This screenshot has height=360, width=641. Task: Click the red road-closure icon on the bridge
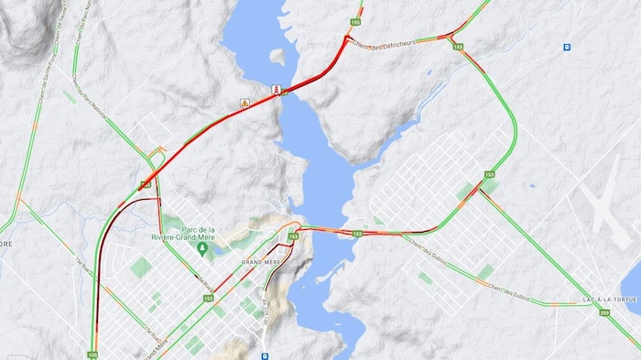pos(276,89)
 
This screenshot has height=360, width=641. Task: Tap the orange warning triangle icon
pos(244,104)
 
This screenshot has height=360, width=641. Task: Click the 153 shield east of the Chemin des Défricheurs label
pos(457,46)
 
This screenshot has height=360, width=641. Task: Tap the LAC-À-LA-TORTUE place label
pos(603,300)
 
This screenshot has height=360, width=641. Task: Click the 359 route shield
pos(604,313)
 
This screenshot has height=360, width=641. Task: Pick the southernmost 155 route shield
pos(92,354)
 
